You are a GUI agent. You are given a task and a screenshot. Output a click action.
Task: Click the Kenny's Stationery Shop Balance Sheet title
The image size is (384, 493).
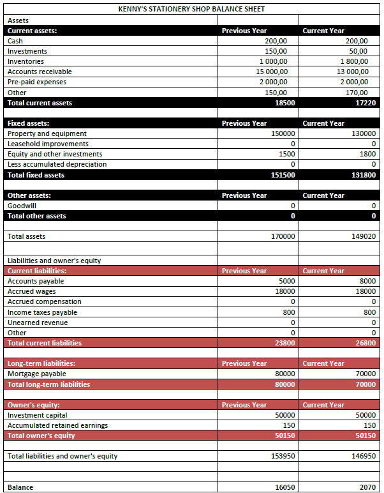(191, 9)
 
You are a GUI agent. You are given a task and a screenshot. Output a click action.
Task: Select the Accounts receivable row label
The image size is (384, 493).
(40, 72)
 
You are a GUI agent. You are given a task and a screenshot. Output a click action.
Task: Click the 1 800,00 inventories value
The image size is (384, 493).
(355, 61)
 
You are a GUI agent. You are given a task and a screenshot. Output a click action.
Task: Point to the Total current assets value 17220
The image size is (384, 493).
(366, 103)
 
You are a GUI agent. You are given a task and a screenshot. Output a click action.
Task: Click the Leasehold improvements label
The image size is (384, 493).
(48, 144)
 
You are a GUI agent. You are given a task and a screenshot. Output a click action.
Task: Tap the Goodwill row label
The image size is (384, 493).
(22, 206)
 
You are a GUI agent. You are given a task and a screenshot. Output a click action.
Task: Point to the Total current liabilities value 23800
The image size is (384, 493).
(283, 343)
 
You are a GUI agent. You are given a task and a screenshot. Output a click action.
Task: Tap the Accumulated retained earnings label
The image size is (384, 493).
(57, 425)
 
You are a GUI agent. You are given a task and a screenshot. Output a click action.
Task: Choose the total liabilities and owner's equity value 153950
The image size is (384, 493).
(281, 456)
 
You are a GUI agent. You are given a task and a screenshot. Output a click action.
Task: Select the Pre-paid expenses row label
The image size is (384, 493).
(37, 82)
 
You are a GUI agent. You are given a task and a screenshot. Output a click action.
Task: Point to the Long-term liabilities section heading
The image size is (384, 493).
(41, 363)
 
